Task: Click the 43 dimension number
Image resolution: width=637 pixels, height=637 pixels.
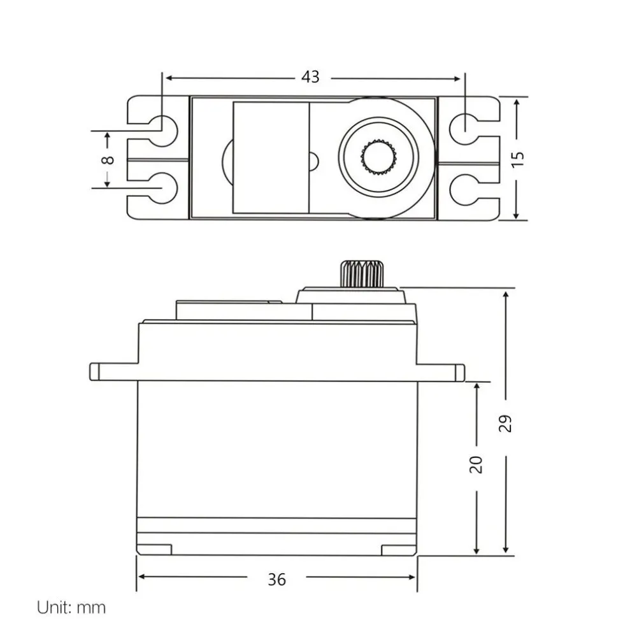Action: coord(310,77)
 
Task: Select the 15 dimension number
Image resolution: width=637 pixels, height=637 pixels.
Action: coord(519,158)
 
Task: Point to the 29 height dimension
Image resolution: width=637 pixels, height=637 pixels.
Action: coord(506,423)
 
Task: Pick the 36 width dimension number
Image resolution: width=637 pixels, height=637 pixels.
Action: coord(276,579)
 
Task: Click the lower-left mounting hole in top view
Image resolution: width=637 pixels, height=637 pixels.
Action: coord(164,189)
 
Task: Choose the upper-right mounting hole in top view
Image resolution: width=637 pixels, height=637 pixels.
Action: coord(465,126)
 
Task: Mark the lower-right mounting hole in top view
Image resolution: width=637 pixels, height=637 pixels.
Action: coord(465,189)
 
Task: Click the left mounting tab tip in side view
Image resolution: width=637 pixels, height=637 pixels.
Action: coord(94,372)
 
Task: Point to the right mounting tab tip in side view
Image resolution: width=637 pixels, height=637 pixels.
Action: coord(461,372)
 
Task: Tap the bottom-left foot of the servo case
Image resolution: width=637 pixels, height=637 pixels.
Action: coord(155,549)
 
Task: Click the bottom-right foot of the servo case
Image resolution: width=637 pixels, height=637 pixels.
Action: coord(398,549)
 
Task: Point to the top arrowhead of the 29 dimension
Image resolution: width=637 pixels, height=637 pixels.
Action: coord(506,294)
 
